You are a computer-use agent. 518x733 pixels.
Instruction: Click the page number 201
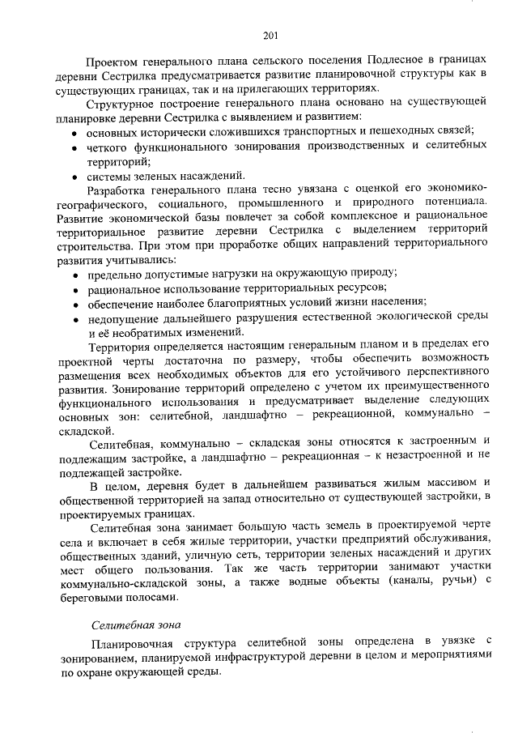(x=270, y=34)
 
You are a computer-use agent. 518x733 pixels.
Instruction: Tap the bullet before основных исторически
(x=75, y=131)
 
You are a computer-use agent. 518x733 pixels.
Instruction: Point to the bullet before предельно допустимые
(x=75, y=275)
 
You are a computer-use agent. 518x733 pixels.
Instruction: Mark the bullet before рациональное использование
(x=75, y=289)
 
